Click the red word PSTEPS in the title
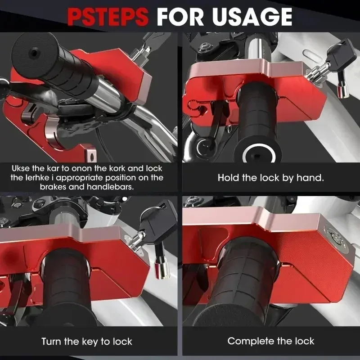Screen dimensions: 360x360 (x=108, y=17)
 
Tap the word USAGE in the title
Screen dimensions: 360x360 (x=252, y=17)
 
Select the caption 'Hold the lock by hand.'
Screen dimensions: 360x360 (x=271, y=178)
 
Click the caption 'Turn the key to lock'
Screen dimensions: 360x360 (x=87, y=342)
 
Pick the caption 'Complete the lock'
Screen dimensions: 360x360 (x=271, y=341)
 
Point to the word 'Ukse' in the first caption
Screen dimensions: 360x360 (x=21, y=168)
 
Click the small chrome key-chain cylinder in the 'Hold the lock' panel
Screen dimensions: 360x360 (x=342, y=91)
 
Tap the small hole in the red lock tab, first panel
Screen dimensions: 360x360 (x=92, y=157)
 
